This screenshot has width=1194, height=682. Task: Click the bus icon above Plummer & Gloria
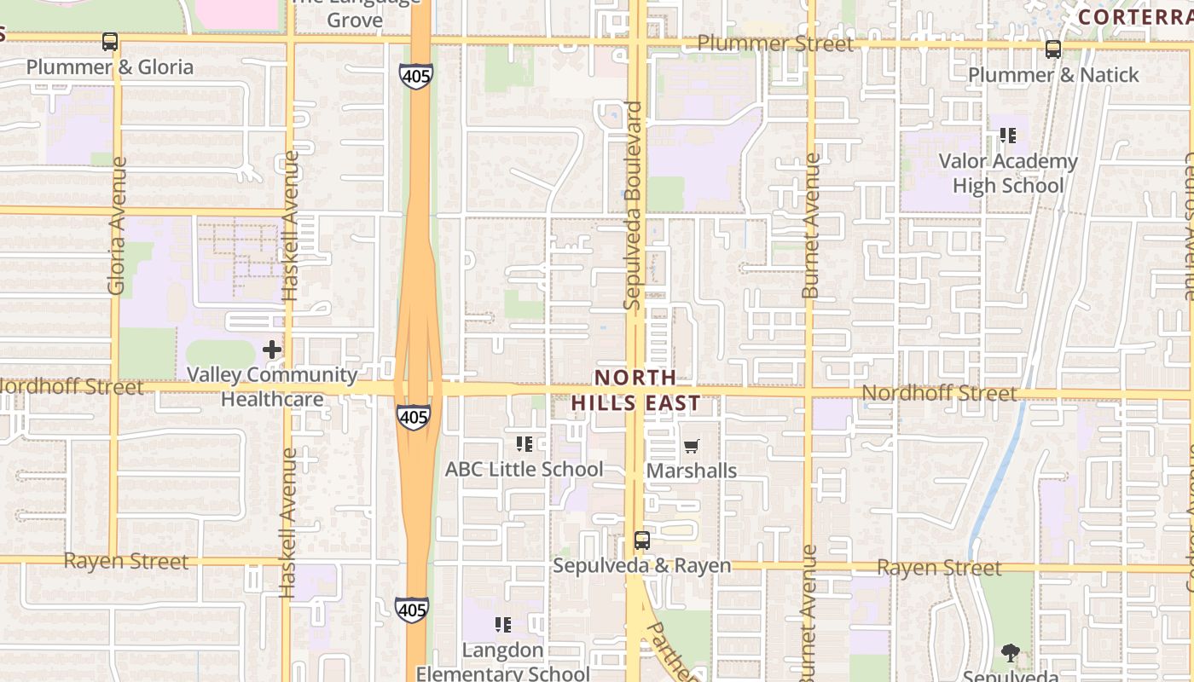coord(110,41)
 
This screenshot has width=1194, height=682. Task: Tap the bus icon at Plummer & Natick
coord(1053,49)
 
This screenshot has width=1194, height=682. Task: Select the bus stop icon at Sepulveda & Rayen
coord(642,540)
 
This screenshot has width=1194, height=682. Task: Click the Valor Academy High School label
coord(1008,173)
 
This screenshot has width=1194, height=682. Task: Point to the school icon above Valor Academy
coord(1008,136)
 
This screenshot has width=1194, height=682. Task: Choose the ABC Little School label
coord(524,469)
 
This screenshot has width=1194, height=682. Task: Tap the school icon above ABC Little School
coord(525,444)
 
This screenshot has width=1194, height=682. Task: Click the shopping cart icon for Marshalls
coord(692,446)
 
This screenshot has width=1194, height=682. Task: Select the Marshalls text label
coord(692,471)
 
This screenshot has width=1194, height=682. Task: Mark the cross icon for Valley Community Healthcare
coord(272,350)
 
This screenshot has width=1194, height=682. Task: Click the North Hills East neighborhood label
coord(635,390)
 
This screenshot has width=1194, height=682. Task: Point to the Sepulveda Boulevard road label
coord(632,205)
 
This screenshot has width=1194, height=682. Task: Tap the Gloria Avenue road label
coord(117,225)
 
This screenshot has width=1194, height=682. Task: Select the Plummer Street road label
coord(774,43)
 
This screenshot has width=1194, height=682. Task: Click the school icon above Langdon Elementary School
coord(503,625)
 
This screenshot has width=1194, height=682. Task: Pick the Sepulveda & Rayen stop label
coord(641,565)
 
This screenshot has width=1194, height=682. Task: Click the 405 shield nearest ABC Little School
coord(414,417)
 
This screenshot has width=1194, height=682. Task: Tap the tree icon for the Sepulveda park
coord(1011,654)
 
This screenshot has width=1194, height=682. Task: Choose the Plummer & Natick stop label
coord(1053,75)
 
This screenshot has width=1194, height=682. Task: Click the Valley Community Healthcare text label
coord(272,386)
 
